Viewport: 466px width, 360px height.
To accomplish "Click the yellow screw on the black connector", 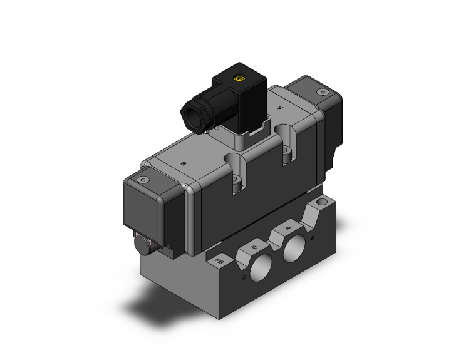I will pos(238,78).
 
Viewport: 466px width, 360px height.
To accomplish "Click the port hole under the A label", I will pos(292,252).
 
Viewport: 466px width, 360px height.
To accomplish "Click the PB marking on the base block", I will pos(219,259).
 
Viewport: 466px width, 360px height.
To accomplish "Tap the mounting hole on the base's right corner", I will pos(323,203).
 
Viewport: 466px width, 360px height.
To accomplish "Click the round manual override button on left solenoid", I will pos(142,244).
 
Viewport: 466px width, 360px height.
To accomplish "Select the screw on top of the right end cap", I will pos(323,92).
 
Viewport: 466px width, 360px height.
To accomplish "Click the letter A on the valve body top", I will pos(279,108).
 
